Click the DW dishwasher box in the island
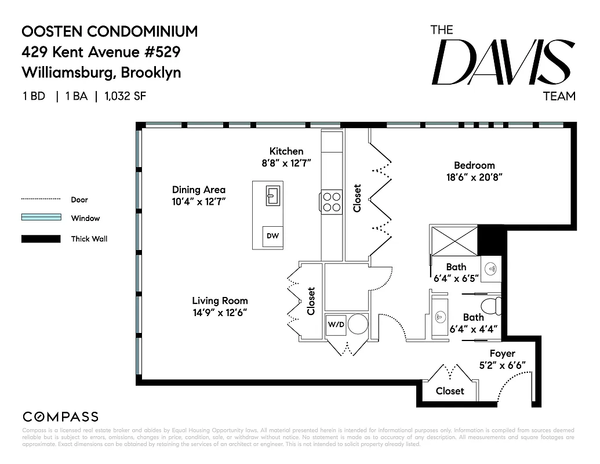272,236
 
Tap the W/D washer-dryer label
336,324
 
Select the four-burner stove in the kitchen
332,202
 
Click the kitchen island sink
272,195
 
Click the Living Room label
220,300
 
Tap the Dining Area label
198,190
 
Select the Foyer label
502,353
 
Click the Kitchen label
286,151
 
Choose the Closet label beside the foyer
450,391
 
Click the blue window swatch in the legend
41,218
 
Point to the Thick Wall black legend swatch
41,238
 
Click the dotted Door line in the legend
41,199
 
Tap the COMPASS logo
60,416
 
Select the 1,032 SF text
125,96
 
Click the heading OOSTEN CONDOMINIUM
110,31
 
